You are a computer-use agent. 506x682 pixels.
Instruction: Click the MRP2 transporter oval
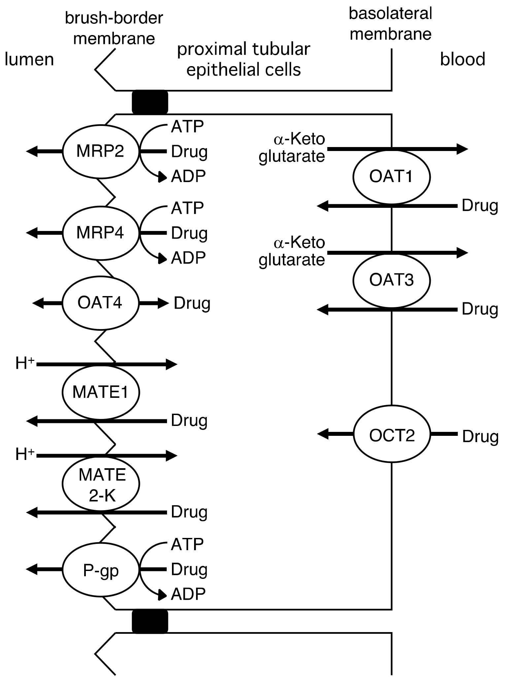point(100,151)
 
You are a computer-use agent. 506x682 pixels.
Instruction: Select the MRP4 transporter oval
point(100,233)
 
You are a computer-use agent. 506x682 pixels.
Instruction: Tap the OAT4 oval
point(100,303)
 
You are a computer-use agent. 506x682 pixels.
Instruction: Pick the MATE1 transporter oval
point(100,392)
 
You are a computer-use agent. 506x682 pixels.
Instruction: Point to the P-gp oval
point(100,571)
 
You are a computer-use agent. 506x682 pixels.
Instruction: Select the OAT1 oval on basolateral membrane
point(391,177)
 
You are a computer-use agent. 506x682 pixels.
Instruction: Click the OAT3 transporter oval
point(391,281)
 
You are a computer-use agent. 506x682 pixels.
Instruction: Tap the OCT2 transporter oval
point(391,436)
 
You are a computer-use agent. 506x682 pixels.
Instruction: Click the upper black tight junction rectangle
point(150,102)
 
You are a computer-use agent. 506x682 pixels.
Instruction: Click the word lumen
point(29,60)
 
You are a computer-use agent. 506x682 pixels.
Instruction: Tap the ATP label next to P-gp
point(187,544)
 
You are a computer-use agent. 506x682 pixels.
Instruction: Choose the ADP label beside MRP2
point(188,177)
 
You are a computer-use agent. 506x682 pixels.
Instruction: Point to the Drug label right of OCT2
point(480,436)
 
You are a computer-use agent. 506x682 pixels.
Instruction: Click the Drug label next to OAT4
point(192,303)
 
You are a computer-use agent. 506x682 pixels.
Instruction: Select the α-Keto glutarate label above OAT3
point(292,251)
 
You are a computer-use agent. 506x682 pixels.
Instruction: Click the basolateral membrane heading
point(390,24)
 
